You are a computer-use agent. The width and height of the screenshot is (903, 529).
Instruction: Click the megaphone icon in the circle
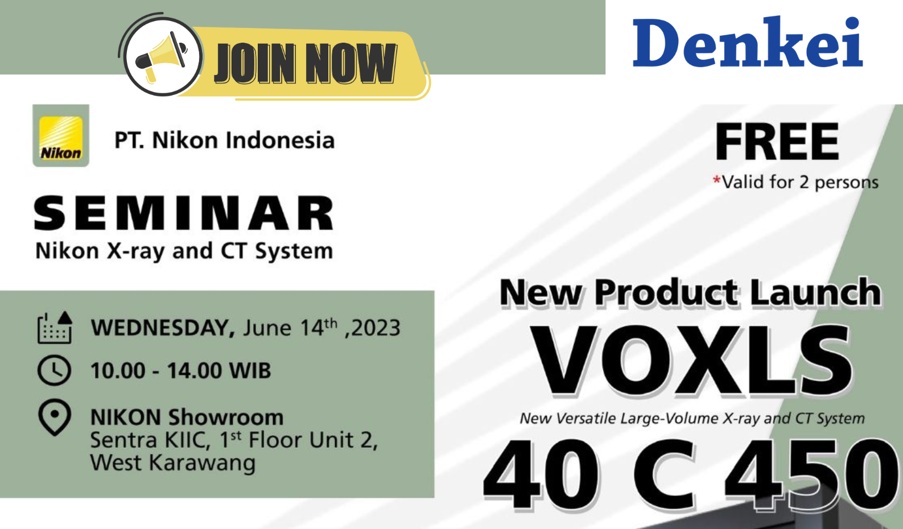click(161, 57)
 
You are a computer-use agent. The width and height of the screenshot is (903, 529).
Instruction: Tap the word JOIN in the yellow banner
click(255, 63)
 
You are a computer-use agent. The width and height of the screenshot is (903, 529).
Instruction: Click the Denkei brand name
click(748, 42)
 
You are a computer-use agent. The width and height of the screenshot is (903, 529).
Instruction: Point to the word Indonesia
click(280, 140)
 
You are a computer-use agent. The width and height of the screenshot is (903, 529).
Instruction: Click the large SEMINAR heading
click(184, 213)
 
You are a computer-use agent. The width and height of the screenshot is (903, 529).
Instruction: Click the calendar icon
click(55, 328)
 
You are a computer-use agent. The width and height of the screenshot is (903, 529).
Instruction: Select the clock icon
click(55, 370)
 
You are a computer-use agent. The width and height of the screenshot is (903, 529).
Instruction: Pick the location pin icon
click(55, 418)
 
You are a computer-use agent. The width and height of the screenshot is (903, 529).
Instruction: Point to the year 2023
click(376, 328)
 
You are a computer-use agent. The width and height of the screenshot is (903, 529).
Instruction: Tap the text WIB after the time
click(250, 370)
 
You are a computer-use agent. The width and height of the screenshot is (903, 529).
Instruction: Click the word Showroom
click(226, 417)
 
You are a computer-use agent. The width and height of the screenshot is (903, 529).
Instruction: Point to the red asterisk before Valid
click(716, 180)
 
